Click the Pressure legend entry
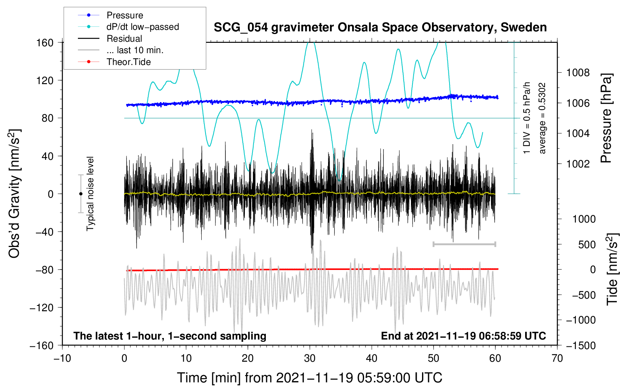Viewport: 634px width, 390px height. tap(125, 15)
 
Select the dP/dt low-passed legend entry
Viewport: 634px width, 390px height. tap(142, 27)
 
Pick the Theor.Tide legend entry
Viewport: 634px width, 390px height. tap(128, 62)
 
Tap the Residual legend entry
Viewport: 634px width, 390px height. tap(124, 39)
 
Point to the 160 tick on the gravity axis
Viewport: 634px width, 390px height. tap(45, 42)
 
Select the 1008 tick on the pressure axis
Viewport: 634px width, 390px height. tap(578, 73)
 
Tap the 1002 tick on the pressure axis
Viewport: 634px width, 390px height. tap(578, 164)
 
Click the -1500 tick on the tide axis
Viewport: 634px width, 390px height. tap(581, 345)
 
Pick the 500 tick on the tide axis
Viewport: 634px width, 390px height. tap(587, 244)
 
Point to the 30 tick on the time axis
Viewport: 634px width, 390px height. tap(310, 358)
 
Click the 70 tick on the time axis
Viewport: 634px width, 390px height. tap(557, 358)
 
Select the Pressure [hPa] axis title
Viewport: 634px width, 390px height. tap(606, 119)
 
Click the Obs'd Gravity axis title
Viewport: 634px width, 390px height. tap(15, 194)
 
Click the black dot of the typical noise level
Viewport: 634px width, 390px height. tap(81, 194)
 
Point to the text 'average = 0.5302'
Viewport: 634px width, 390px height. tap(542, 119)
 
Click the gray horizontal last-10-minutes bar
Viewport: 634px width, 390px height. tap(464, 244)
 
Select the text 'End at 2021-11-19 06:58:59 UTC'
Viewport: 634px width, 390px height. tap(463, 336)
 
